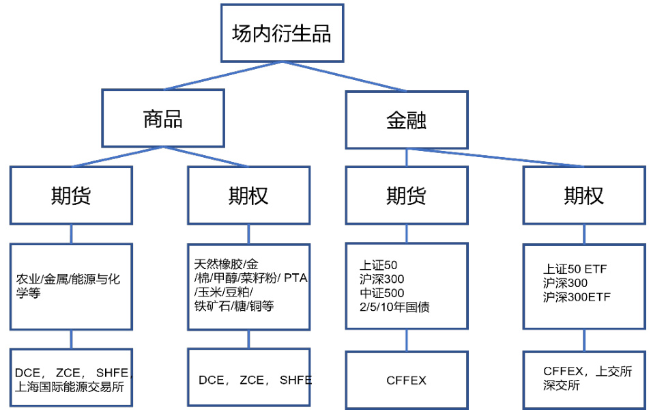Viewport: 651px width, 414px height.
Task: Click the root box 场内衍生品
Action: click(x=281, y=33)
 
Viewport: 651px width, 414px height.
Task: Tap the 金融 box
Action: click(x=407, y=121)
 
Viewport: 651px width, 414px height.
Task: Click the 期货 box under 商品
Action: click(x=71, y=195)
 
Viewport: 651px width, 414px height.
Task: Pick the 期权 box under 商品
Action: click(x=248, y=195)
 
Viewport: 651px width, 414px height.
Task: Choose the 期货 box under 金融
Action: click(x=407, y=195)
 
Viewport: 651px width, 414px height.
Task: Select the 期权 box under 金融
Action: click(x=584, y=195)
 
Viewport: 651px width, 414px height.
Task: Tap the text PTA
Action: click(x=296, y=278)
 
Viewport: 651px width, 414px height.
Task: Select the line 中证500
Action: click(x=381, y=293)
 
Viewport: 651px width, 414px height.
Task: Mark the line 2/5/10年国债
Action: click(x=394, y=307)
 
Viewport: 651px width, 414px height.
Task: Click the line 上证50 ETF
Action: click(x=575, y=269)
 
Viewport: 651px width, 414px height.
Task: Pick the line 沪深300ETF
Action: click(x=577, y=297)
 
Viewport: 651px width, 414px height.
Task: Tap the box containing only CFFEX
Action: click(x=407, y=380)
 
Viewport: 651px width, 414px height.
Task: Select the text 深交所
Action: click(x=562, y=385)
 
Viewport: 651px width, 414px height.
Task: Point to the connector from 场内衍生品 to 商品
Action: click(x=222, y=76)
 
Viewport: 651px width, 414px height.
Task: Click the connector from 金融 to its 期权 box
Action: click(x=495, y=158)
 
